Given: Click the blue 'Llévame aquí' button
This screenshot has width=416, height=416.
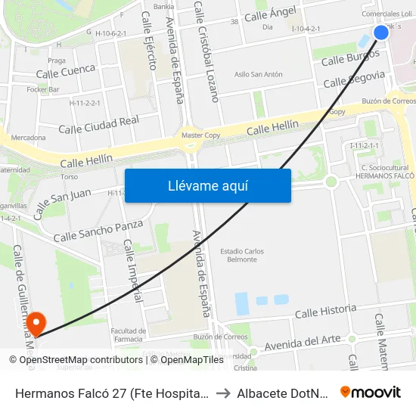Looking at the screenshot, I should tap(207, 185).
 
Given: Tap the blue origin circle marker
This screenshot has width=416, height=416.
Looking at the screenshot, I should tap(381, 32).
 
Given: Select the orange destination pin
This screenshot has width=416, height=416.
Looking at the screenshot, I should tap(36, 321).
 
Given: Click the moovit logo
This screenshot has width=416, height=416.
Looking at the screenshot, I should tap(371, 392).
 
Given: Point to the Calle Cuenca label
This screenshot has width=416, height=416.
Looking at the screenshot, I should tap(66, 71).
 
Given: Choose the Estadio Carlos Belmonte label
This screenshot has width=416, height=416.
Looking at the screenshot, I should tap(242, 255).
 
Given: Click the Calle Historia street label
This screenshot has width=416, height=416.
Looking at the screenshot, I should tap(325, 311).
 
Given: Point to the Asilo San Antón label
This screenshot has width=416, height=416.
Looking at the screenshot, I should tap(259, 74).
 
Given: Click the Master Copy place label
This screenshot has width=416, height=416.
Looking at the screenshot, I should tap(201, 135).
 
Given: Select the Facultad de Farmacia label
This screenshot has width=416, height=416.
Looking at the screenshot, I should tap(128, 334).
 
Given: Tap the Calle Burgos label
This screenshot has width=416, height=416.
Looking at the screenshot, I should tap(352, 57).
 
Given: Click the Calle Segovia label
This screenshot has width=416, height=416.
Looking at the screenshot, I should tap(354, 79).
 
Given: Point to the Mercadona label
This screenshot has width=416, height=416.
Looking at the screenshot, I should tap(29, 138).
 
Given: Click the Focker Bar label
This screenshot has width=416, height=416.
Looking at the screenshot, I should tap(43, 89).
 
